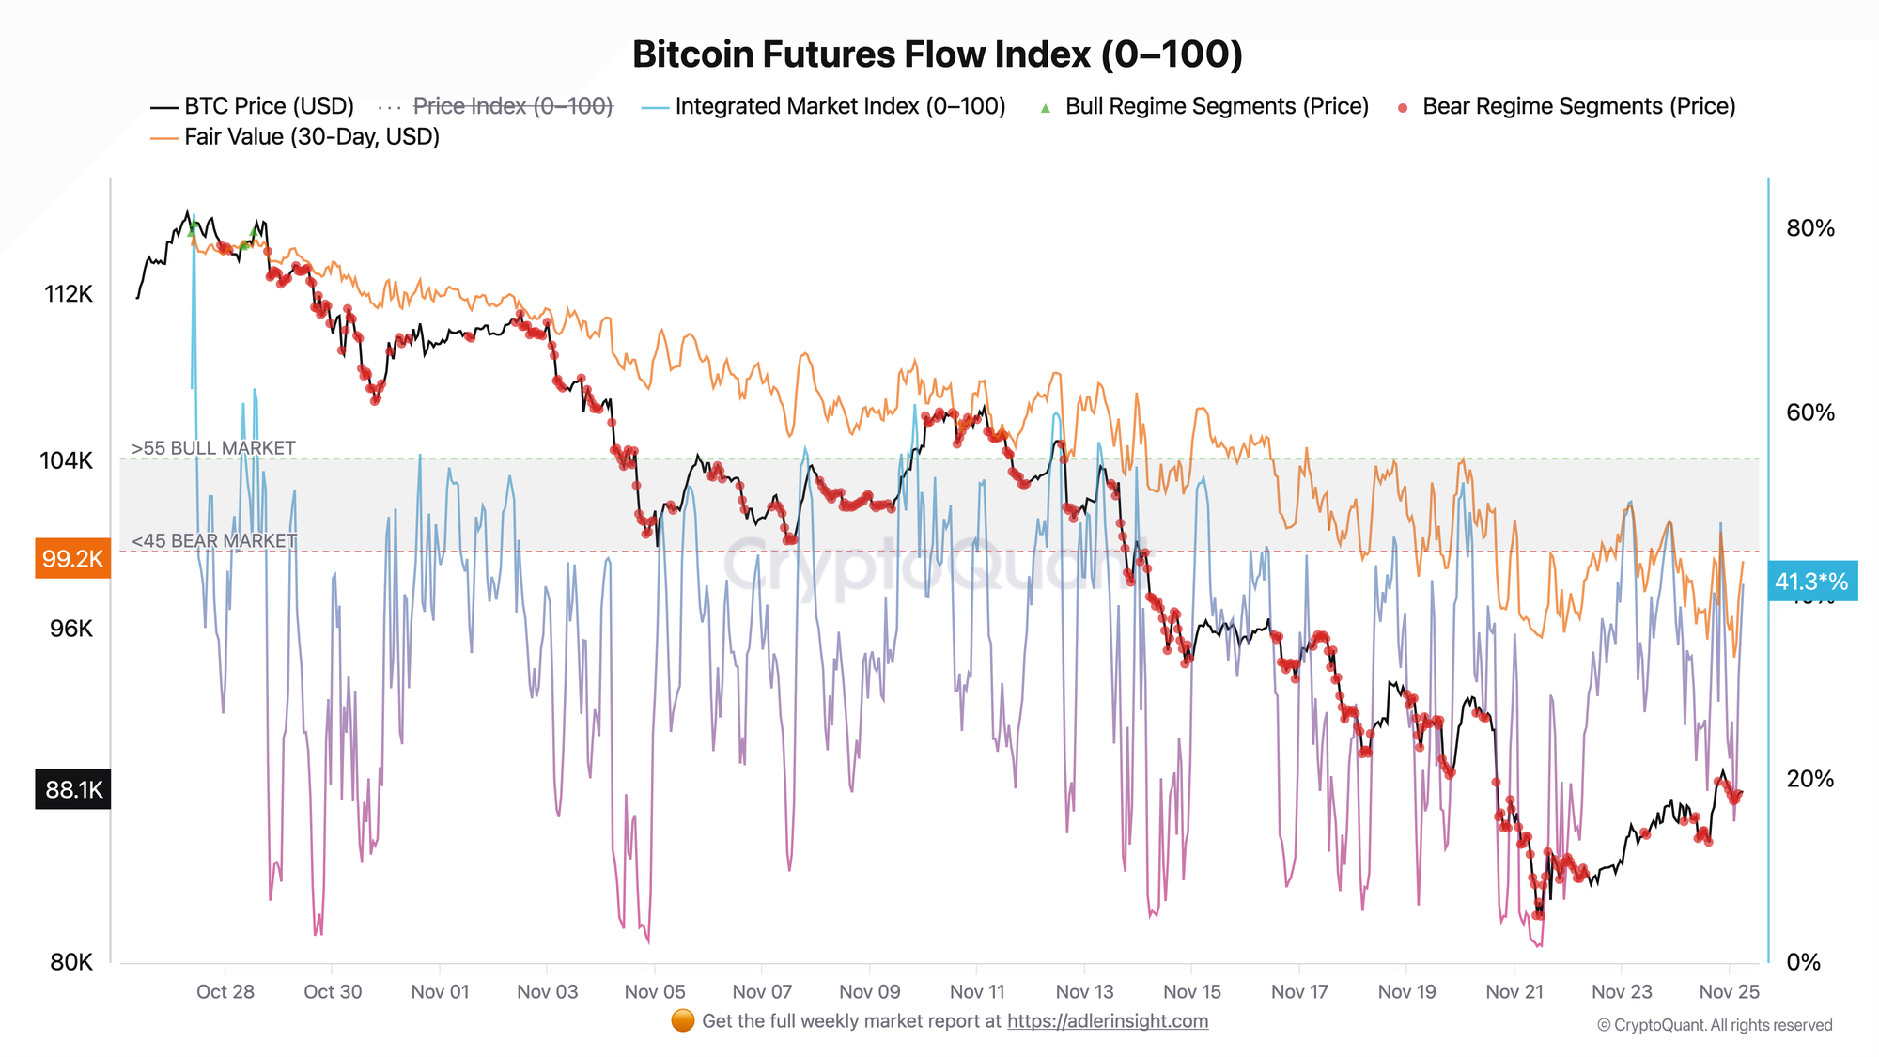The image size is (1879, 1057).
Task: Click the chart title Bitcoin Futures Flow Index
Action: (937, 54)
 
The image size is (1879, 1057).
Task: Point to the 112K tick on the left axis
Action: (69, 294)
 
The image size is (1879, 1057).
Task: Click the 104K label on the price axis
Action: (67, 460)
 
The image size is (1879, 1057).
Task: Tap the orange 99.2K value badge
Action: (72, 559)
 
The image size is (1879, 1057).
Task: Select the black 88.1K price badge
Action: (72, 789)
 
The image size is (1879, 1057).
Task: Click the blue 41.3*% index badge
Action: (1810, 582)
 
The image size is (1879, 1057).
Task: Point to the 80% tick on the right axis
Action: (1809, 228)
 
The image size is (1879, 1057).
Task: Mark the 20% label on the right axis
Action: (1809, 779)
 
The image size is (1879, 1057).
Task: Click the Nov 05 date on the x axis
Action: (655, 991)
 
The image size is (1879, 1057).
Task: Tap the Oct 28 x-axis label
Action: (225, 991)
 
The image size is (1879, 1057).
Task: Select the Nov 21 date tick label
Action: (1514, 991)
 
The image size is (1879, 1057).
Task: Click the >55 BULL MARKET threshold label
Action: (214, 448)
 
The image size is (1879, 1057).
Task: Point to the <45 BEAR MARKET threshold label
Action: (214, 541)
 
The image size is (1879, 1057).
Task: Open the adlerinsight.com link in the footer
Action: (1108, 1021)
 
